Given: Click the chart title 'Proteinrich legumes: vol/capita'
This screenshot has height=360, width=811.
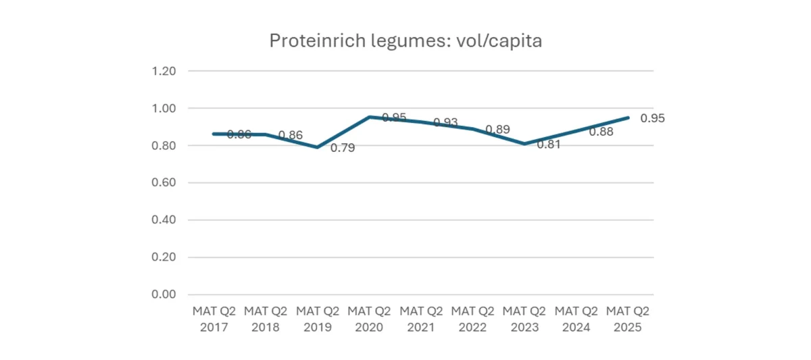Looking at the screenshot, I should (405, 41).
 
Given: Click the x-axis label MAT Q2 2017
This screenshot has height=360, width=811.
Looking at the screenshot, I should (214, 319).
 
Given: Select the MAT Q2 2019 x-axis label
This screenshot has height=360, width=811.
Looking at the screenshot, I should (318, 319).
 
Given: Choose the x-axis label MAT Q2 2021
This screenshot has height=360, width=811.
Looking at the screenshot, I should (421, 319).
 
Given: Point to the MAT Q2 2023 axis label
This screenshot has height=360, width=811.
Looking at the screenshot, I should (524, 319).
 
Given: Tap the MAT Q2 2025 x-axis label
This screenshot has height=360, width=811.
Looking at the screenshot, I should (628, 319).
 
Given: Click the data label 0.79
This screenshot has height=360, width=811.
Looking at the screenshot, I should (342, 148).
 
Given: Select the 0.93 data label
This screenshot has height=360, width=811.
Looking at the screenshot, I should (445, 122).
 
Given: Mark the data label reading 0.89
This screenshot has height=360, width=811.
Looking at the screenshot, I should (497, 129).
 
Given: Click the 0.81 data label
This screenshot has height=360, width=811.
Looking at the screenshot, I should (549, 144).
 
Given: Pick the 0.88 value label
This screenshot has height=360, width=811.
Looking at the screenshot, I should (601, 132).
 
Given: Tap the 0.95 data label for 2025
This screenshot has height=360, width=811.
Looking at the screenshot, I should (652, 118).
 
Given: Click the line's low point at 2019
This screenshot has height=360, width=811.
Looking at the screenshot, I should (318, 147).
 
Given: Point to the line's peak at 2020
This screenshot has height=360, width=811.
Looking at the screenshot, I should (370, 117).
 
